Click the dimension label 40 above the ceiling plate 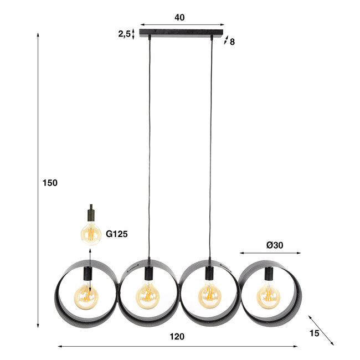(179, 17)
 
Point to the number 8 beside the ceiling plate (232, 41)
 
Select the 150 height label (50, 183)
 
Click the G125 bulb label (117, 234)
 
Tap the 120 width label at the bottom (177, 336)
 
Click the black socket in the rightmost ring (269, 273)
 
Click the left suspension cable (149, 150)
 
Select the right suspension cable (212, 150)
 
